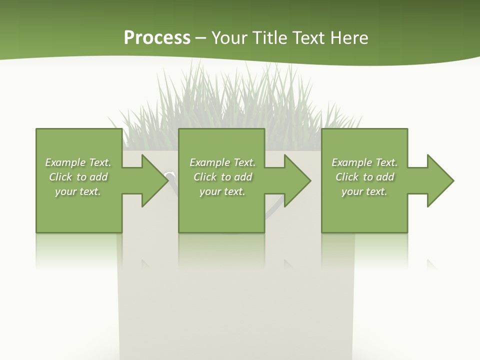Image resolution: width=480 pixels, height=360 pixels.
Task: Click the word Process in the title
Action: click(x=157, y=38)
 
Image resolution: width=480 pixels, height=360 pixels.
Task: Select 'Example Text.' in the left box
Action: click(x=78, y=162)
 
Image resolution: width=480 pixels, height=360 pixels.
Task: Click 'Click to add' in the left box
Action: click(x=78, y=177)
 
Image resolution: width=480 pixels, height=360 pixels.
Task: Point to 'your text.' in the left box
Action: click(x=78, y=191)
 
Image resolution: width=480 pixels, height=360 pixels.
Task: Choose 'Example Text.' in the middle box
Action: click(x=222, y=162)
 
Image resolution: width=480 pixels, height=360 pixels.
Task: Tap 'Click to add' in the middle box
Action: click(x=222, y=177)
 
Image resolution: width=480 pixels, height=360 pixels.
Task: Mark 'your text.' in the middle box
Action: click(x=222, y=191)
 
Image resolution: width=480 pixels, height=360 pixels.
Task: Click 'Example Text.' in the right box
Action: click(x=364, y=162)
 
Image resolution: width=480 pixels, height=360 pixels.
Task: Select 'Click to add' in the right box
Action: click(x=364, y=177)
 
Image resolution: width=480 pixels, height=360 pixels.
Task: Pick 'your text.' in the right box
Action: click(x=364, y=191)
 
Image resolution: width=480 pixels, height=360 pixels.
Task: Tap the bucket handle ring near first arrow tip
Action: click(x=170, y=175)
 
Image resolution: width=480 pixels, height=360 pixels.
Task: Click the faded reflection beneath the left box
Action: click(x=78, y=250)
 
